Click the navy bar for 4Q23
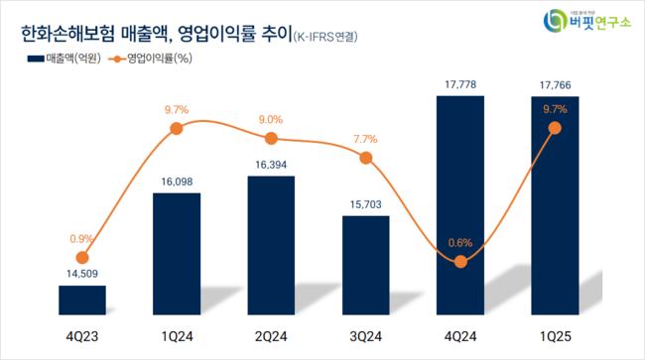click(82, 300)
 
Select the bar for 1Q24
click(177, 253)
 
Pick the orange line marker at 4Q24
click(460, 261)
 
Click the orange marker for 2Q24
click(271, 139)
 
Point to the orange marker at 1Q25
click(555, 128)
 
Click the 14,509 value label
click(81, 274)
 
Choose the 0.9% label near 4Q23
click(81, 239)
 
